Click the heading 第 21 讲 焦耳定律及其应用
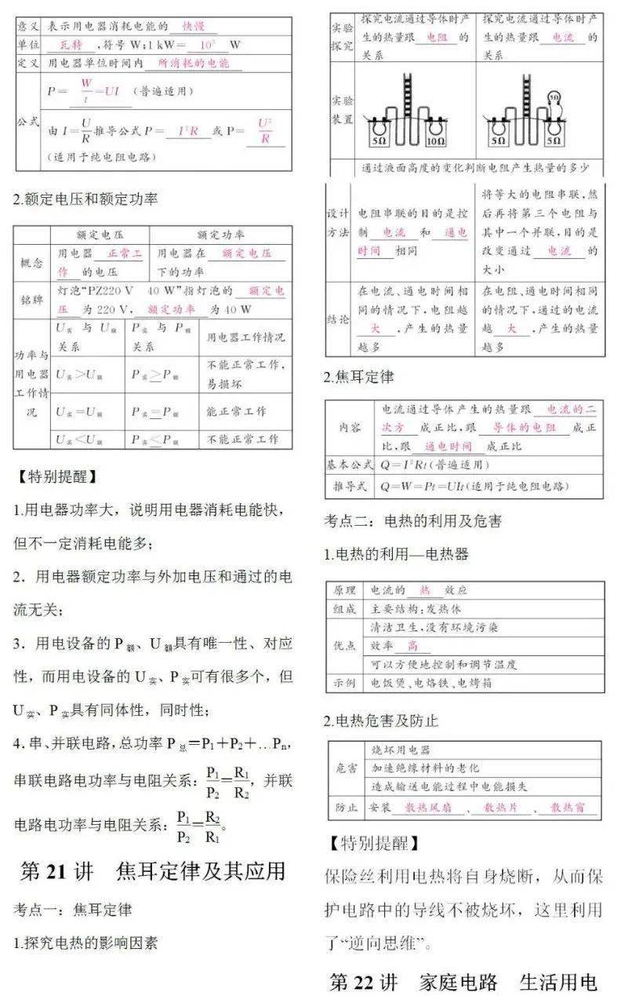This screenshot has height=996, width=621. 153,871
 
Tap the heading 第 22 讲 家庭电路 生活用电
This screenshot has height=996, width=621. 463,982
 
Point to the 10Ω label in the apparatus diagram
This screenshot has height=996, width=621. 435,141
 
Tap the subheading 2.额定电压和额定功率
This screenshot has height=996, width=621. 85,199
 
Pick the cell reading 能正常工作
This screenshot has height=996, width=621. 236,411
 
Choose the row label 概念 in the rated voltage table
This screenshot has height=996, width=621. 33,263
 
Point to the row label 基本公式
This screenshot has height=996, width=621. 350,465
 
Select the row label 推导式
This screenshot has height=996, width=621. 350,487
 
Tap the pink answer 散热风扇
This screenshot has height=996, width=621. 426,807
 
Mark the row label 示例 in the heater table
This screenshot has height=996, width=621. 345,683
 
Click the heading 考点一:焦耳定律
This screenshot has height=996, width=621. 73,910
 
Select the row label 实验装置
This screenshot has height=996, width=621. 342,110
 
